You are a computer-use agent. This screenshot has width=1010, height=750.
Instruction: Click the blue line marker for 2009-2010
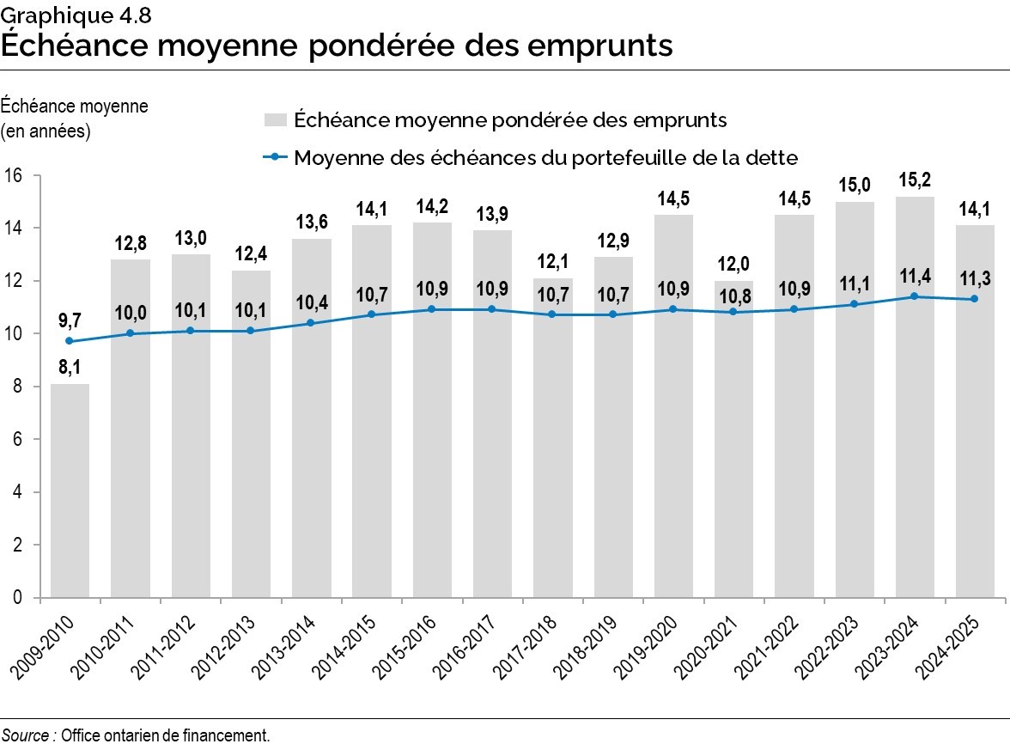pos(70,341)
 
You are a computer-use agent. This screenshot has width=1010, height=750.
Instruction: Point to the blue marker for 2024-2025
pos(975,299)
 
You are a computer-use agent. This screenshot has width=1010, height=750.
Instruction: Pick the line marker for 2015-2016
pos(432,309)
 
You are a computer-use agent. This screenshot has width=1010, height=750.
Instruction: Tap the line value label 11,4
pos(915,277)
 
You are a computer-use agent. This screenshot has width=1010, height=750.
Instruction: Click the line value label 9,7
pos(70,320)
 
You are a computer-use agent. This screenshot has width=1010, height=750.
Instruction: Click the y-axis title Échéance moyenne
pos(75,107)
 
